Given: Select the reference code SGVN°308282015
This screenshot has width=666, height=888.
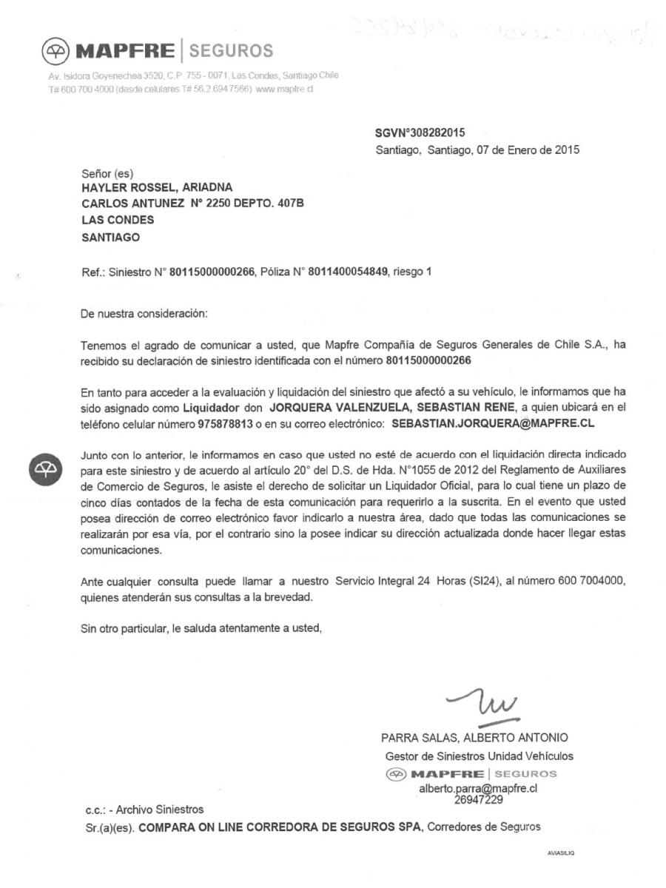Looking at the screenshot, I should coord(420,133).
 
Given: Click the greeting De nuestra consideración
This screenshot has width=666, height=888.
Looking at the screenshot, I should coord(144,314).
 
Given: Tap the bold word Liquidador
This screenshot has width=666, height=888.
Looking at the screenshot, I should coord(215,408).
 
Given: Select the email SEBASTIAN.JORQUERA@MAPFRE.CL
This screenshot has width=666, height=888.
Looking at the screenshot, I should coord(493,425).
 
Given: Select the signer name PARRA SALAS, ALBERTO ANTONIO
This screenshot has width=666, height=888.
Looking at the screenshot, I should coord(474,738).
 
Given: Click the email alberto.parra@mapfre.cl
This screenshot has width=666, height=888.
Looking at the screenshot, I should coord(478,789).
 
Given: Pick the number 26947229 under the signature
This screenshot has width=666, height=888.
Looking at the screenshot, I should coord(479,799).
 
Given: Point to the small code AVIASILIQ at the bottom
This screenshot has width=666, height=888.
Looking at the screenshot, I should coord(561,852).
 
